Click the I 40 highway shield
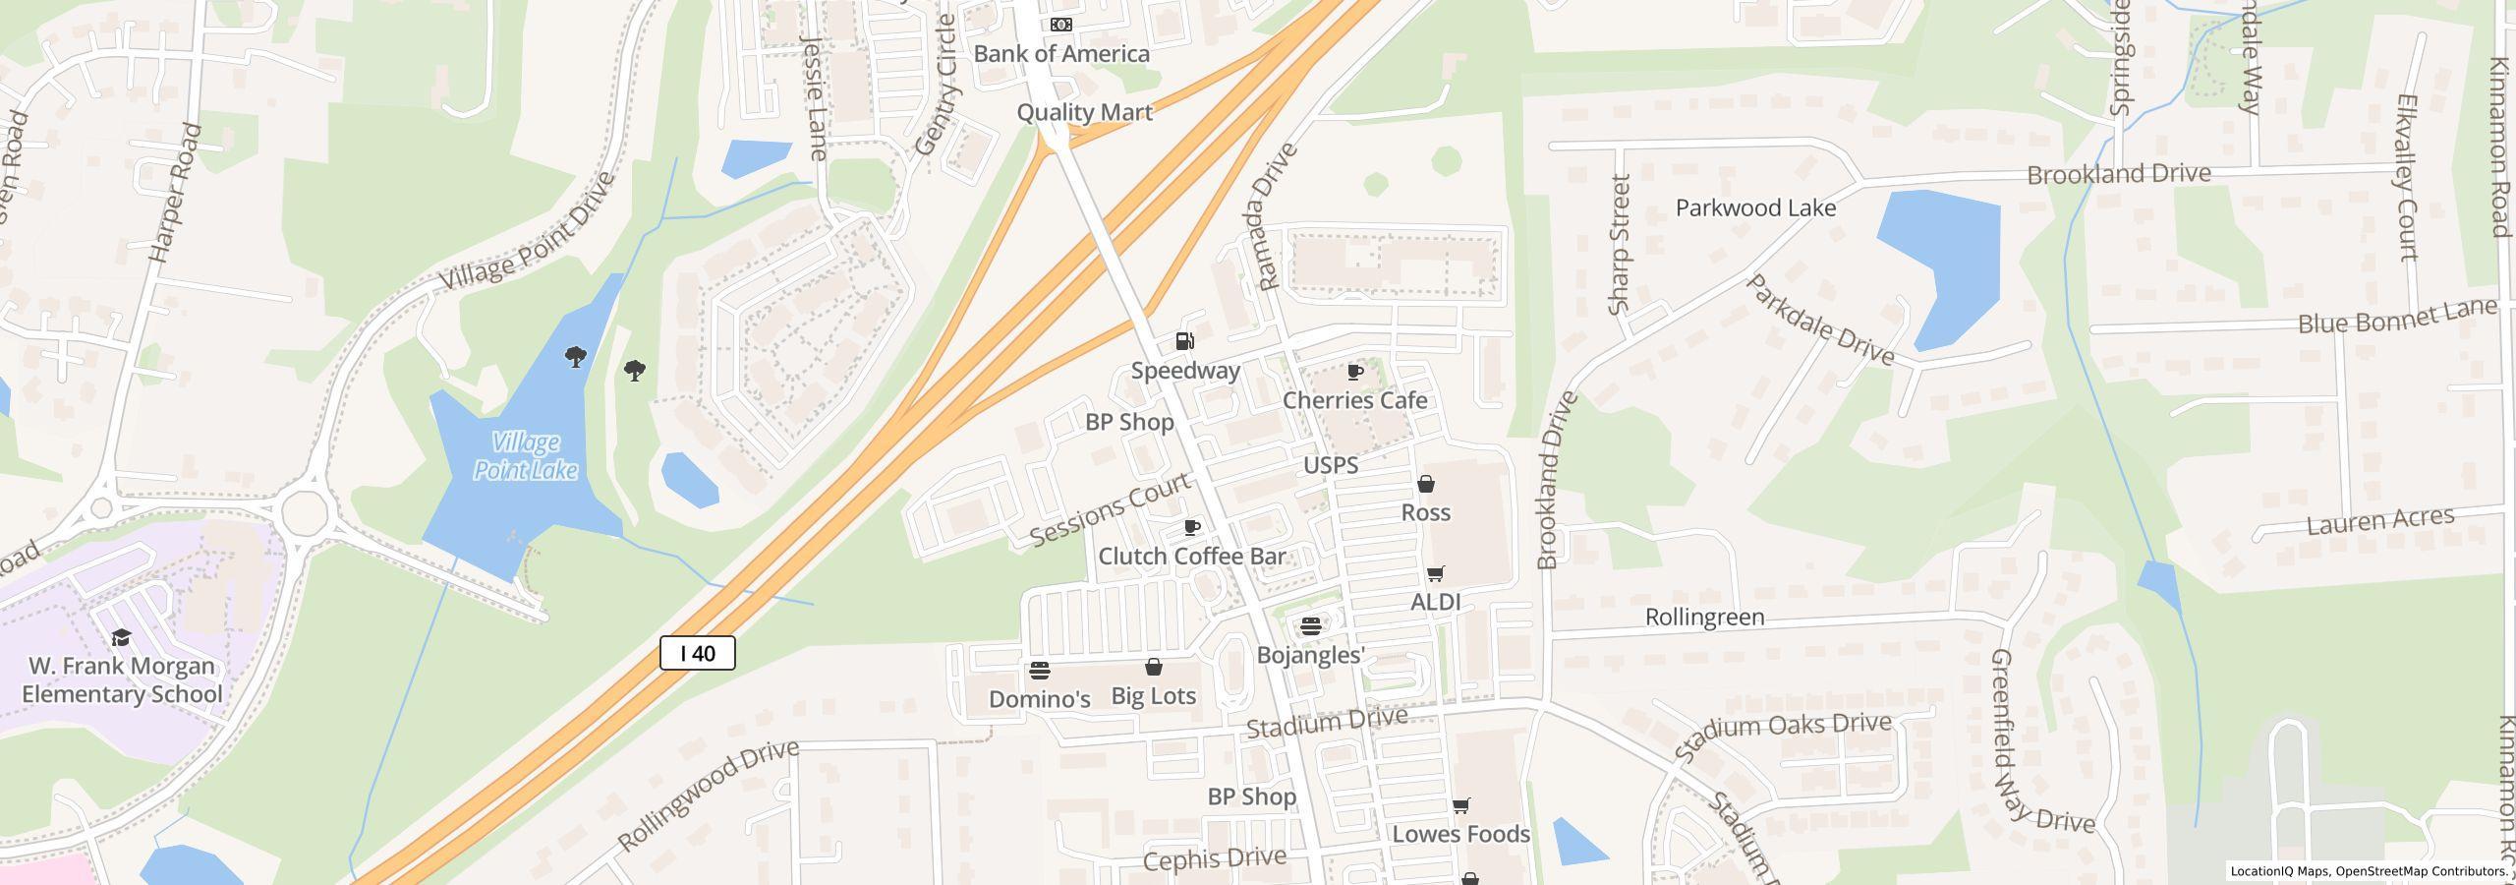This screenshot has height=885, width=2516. pos(697,654)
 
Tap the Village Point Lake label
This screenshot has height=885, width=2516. pos(526,456)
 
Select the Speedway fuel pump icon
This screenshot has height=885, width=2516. pos(1185,341)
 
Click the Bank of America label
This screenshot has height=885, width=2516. pos(1061,54)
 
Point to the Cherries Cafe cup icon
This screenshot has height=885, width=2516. pos(1355,372)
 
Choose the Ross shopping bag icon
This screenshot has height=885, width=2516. pos(1426,484)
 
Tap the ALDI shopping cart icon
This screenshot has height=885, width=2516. pos(1436,573)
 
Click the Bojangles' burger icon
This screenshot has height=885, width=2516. pos(1310,626)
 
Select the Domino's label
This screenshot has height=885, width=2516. pos(1040,699)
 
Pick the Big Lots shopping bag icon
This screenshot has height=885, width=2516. pos(1154,668)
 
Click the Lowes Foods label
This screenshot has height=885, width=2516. pos(1461,834)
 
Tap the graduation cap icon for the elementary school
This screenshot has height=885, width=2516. pos(121,638)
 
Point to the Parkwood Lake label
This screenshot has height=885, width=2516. pos(1755,208)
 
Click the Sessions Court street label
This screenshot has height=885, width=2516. pos(1110,509)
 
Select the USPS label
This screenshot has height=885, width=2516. pos(1331,465)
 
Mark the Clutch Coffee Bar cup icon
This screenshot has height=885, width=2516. pos(1192,528)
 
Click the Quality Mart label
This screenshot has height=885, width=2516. pos(1084,112)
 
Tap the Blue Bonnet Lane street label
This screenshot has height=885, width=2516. pos(2397,317)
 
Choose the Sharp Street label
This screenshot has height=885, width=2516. pos(1620,245)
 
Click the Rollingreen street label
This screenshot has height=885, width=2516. pos(1704,618)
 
